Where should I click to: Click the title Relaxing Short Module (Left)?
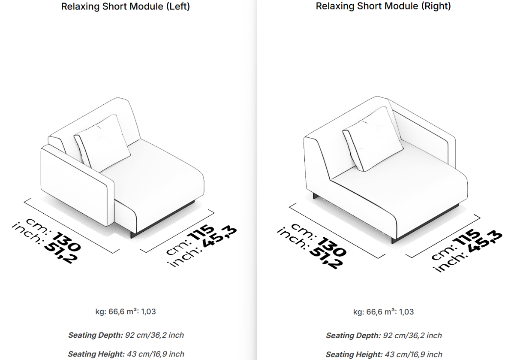tap(126, 6)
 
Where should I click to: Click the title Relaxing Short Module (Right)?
tap(383, 6)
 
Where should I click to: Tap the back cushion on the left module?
tap(102, 141)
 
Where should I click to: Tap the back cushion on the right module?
tap(373, 139)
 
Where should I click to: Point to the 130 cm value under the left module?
tap(66, 242)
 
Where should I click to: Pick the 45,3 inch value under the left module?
tap(219, 236)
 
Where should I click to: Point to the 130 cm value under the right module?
tap(332, 246)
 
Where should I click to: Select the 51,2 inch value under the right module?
tap(327, 257)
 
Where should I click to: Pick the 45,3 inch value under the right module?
tap(485, 242)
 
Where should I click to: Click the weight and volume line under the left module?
tap(126, 312)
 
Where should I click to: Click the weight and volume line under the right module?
tap(383, 312)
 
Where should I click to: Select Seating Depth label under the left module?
tap(96, 335)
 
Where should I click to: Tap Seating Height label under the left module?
tap(96, 354)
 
